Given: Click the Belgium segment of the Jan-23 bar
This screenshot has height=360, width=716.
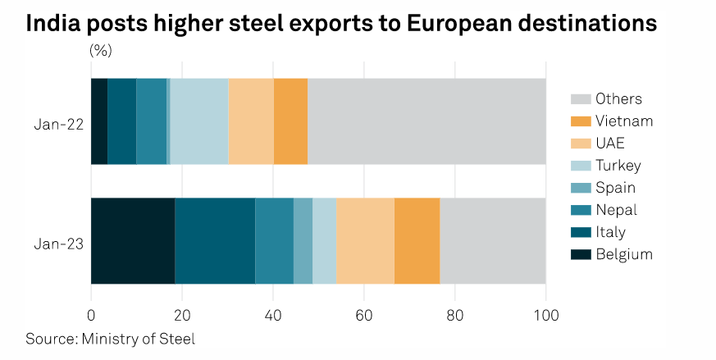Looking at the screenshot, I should [133, 240].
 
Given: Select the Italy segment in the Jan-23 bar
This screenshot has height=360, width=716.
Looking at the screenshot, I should [215, 240].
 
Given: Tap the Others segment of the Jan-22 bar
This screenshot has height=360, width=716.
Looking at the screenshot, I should [426, 121].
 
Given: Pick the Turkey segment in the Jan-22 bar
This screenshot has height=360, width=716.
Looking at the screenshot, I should [199, 121].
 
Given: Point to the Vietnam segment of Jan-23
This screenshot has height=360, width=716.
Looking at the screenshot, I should [417, 240].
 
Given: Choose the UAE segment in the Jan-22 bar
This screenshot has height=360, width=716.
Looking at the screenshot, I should [251, 121].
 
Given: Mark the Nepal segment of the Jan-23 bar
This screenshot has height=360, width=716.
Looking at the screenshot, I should [274, 240].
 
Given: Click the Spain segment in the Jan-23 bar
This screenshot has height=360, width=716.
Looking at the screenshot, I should [303, 240].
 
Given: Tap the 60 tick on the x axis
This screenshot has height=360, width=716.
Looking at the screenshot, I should [364, 314].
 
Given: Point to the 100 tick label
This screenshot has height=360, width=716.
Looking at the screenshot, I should [545, 314].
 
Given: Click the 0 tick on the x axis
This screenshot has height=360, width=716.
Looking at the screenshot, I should [91, 314].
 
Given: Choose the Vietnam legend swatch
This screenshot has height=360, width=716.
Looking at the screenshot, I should [580, 121].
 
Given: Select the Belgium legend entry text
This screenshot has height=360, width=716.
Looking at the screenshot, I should [624, 254].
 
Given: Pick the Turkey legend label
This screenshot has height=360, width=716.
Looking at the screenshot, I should [618, 166].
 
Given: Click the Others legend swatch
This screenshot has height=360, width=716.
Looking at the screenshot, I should [580, 99].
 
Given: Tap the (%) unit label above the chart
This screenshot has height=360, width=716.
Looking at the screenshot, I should [101, 50].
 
